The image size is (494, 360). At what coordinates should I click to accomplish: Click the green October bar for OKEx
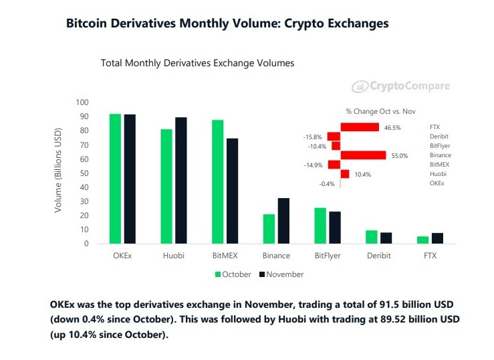pos(115,179)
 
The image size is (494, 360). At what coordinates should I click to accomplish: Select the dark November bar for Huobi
pos(180,180)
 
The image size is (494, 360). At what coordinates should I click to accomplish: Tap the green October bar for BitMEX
pos(218,181)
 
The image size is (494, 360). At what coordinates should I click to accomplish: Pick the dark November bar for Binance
pos(283,221)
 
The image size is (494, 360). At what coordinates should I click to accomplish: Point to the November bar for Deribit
pos(386,238)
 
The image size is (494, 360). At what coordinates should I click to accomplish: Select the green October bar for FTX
pos(423,240)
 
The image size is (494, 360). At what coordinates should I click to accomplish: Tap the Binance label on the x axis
pos(276,256)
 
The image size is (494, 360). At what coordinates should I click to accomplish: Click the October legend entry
pos(233,274)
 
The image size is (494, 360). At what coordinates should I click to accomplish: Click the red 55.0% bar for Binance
pos(363,155)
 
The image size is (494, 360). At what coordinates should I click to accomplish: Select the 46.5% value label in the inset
pos(392,127)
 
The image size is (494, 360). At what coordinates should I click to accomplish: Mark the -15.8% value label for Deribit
pos(313,137)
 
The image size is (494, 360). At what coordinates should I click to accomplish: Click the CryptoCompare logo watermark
pos(401,86)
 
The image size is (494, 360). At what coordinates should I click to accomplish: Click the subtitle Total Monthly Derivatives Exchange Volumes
pos(197,63)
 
